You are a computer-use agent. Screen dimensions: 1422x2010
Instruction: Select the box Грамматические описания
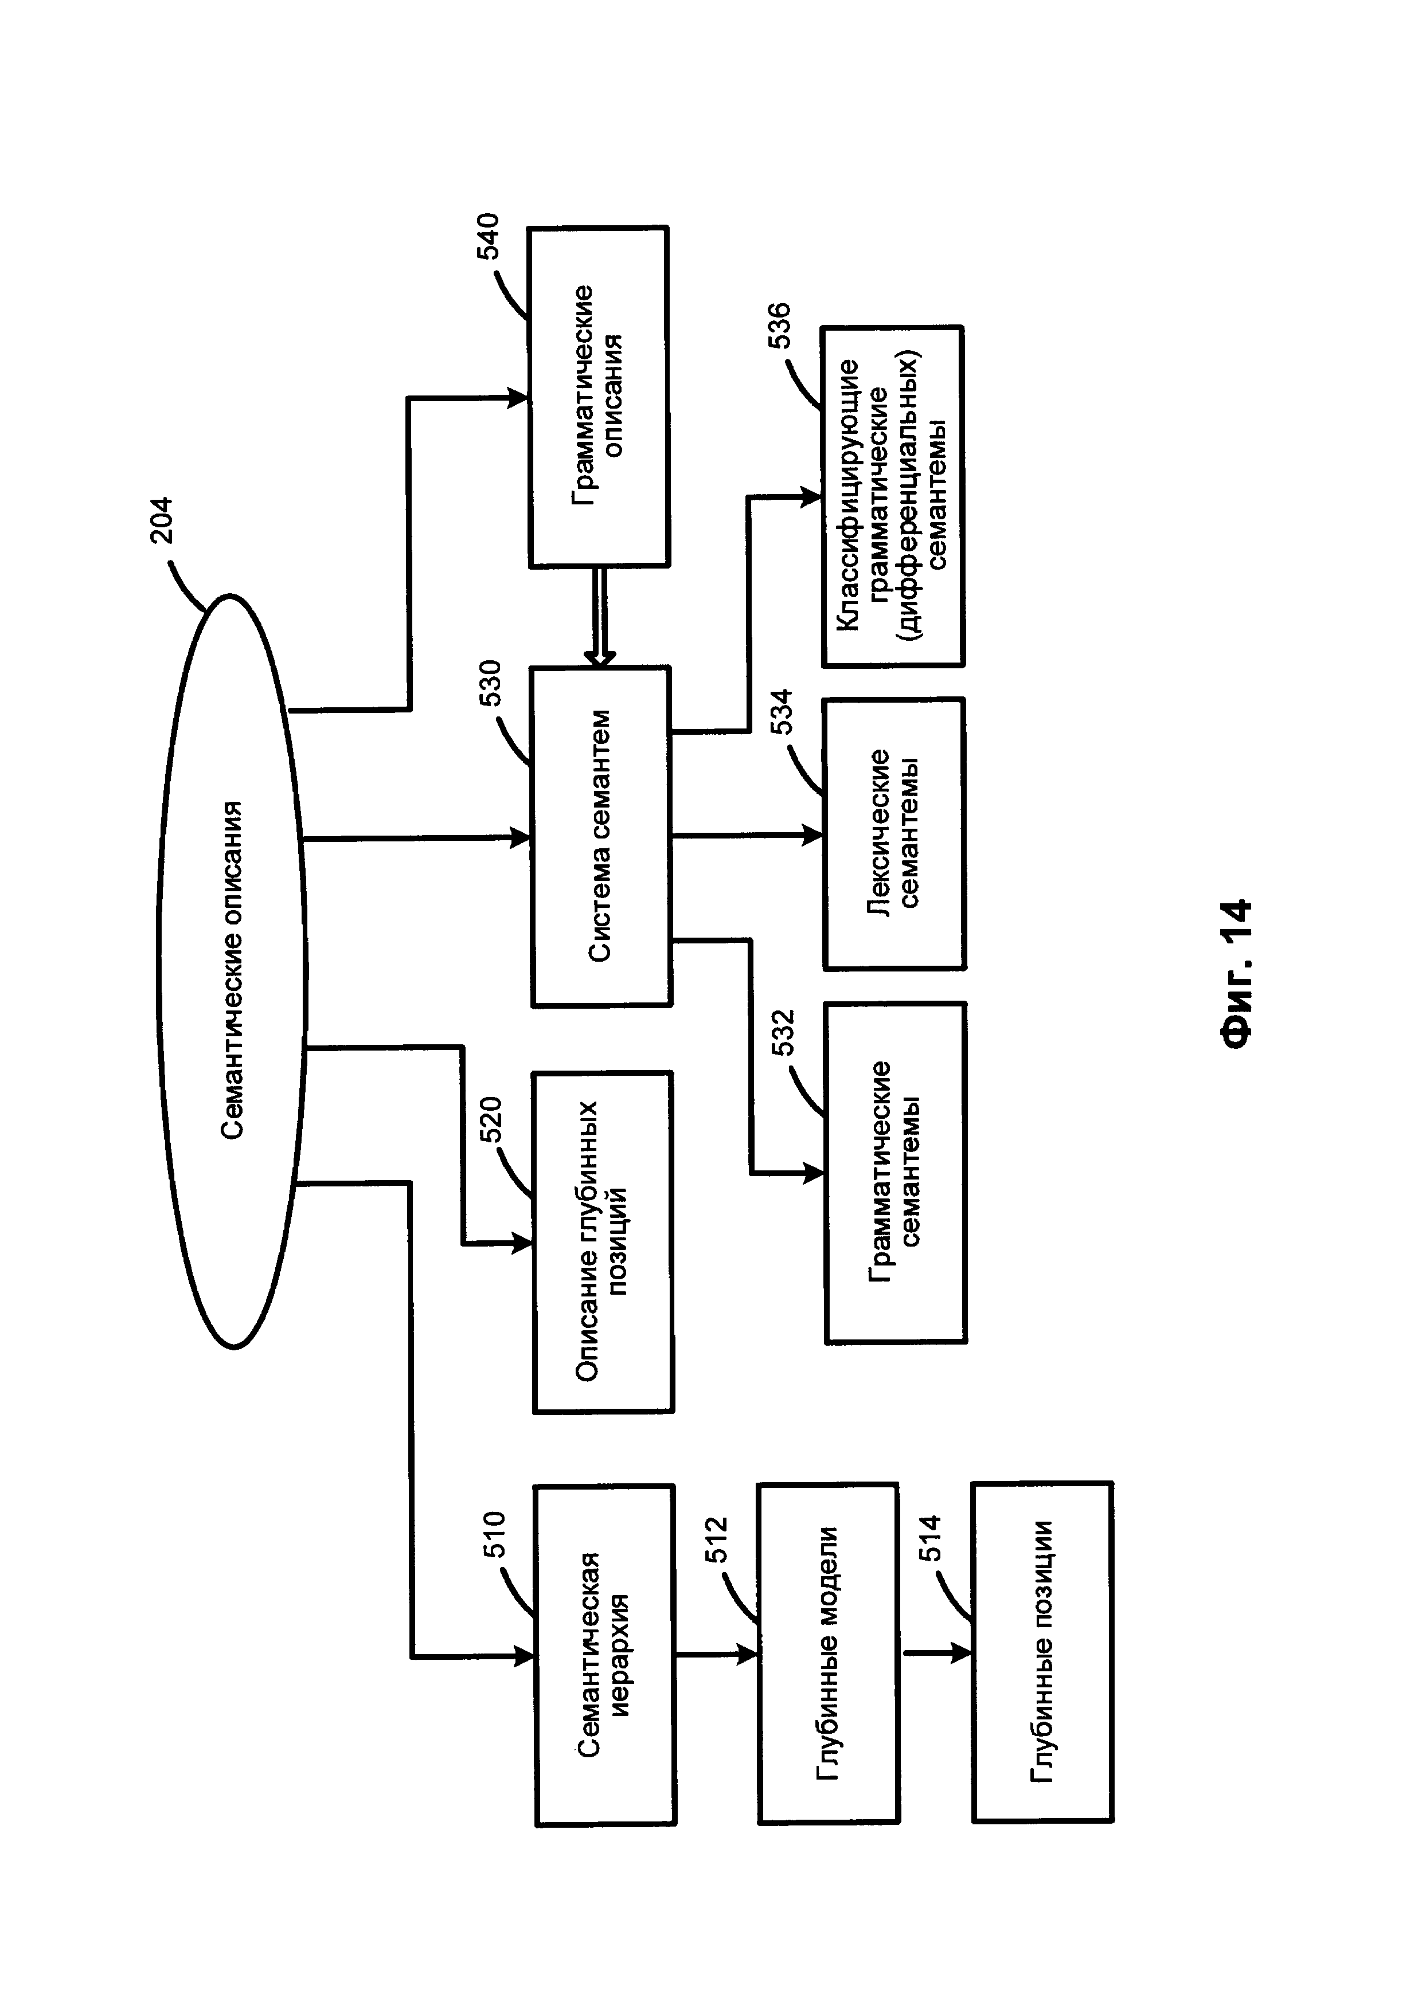pos(599,397)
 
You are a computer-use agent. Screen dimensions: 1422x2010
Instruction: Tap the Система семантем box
pos(601,836)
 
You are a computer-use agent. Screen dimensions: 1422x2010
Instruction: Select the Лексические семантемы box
pos(894,833)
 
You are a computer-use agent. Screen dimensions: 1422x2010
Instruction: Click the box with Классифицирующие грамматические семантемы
pos(892,496)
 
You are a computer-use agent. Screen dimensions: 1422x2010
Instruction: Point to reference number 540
pos(487,236)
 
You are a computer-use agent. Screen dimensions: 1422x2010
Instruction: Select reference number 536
pos(779,325)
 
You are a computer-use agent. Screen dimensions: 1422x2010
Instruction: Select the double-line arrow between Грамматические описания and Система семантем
pos(600,618)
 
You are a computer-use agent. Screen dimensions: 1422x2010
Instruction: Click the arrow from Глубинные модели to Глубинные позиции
pos(937,1653)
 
